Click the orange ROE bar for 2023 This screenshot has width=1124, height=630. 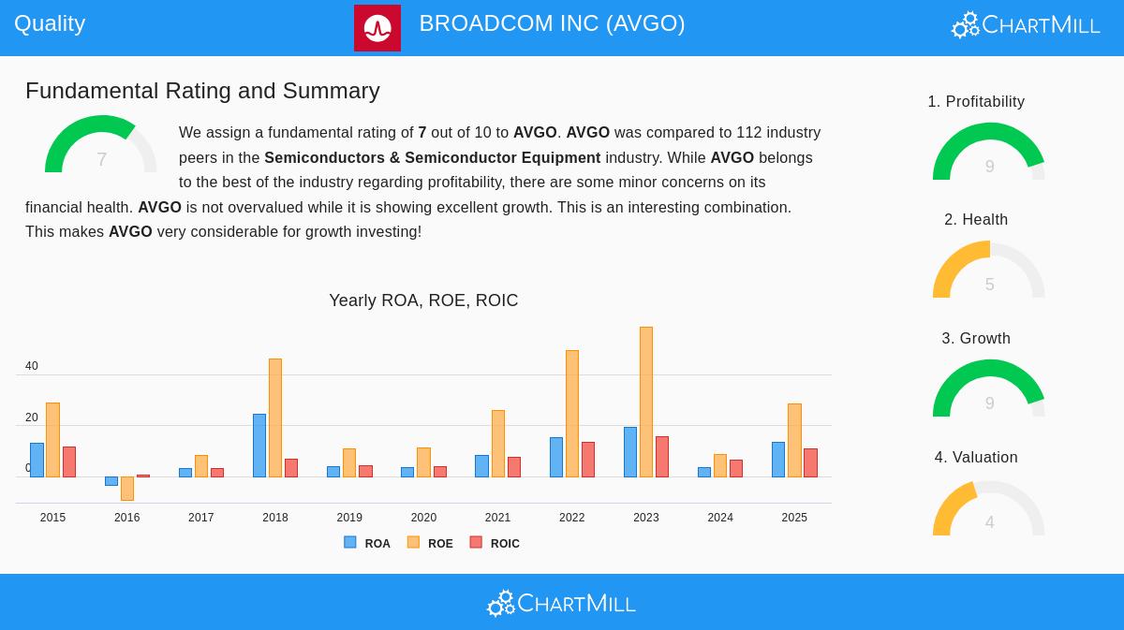tap(646, 403)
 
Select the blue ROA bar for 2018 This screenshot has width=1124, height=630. tap(259, 446)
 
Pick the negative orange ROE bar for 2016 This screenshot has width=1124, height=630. tap(127, 489)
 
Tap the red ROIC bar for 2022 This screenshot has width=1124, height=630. tap(588, 460)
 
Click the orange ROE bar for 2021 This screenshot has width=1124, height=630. tap(498, 444)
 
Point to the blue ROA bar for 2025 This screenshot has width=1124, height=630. tap(778, 460)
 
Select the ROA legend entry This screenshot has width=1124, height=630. tap(367, 543)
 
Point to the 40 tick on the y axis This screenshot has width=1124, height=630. tap(32, 366)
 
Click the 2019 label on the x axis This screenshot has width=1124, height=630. tap(349, 518)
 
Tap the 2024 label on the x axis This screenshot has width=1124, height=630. tap(720, 518)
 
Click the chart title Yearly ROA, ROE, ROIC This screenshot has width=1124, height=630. tap(423, 300)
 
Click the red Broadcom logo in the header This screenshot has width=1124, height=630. tap(377, 28)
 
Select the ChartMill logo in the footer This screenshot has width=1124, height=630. tap(561, 604)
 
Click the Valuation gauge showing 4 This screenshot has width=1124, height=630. tap(989, 509)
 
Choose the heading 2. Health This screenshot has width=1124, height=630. tap(976, 220)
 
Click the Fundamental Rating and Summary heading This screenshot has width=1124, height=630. tap(202, 91)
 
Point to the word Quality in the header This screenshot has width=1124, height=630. tap(50, 23)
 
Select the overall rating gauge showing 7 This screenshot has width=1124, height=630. tap(101, 146)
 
